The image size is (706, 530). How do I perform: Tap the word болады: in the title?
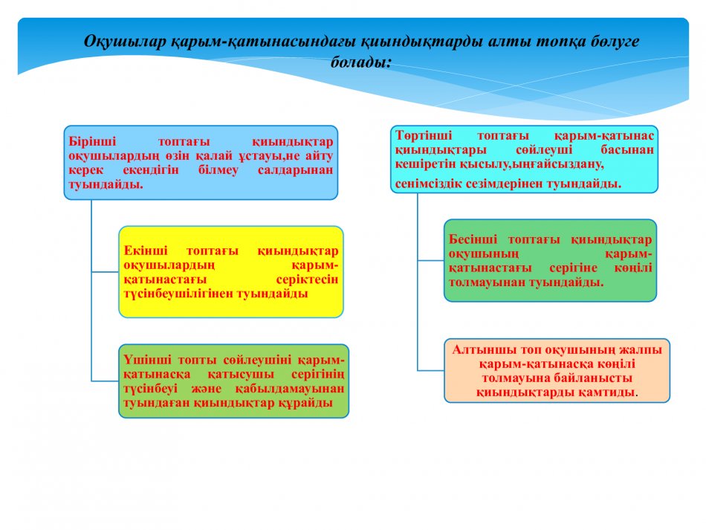tap(361, 62)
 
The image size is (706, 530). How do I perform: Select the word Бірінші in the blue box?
tap(92, 141)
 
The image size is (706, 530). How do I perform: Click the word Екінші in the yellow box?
tap(146, 251)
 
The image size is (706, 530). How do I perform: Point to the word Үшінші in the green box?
tap(147, 360)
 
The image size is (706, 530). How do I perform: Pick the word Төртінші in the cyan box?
tap(424, 135)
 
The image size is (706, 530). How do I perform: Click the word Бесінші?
tap(473, 239)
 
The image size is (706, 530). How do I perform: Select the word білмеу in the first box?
tap(218, 170)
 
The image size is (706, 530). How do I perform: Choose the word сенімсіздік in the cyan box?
tap(428, 184)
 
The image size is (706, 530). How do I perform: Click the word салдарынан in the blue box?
tap(295, 170)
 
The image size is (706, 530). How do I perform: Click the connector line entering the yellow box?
tap(106, 271)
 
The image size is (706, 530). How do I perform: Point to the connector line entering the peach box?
tap(431, 370)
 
